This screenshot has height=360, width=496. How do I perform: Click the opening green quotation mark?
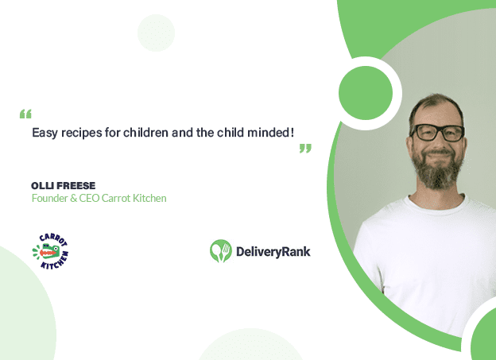point(25,114)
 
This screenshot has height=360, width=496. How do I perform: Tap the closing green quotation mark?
point(305,149)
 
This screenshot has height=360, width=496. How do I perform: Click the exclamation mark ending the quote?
point(292,132)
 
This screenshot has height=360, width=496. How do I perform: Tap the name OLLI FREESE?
point(64,185)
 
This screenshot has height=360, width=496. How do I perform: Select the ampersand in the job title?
point(73,199)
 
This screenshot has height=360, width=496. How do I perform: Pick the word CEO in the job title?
point(89,199)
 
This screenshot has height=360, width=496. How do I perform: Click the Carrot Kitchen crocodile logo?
point(51,251)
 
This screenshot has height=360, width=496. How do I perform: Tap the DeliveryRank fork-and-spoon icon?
point(220,251)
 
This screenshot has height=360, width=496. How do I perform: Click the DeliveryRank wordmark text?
point(273,252)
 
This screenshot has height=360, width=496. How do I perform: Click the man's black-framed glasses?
point(437,133)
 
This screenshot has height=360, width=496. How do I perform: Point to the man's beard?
point(437,169)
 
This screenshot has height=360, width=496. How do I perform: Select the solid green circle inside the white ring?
point(366,93)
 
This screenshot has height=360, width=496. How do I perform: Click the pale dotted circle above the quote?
point(156,33)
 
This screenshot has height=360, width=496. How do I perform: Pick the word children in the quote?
point(145,132)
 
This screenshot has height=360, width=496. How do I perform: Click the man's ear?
point(409,144)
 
